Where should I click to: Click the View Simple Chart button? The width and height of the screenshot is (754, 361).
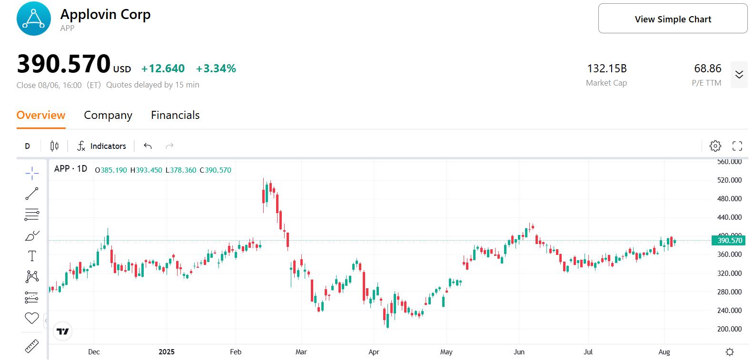click(673, 19)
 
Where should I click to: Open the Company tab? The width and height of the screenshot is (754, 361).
click(108, 115)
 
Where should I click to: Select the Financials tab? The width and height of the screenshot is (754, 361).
click(175, 115)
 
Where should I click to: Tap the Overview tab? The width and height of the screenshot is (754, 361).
click(41, 115)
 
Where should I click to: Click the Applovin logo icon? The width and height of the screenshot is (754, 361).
click(33, 19)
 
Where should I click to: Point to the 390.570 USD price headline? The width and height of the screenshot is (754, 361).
click(64, 64)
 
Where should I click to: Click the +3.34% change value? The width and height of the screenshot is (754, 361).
click(216, 68)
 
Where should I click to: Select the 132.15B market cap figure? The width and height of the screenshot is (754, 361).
click(606, 68)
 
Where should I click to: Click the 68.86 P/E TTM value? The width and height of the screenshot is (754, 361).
click(707, 68)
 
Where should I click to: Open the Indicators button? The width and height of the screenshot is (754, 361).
click(102, 146)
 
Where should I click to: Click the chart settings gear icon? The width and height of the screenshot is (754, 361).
click(715, 146)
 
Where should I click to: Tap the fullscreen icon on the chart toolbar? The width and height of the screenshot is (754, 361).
click(737, 146)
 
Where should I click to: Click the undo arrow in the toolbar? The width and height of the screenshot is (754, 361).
click(148, 146)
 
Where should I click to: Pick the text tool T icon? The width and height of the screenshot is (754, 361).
click(32, 256)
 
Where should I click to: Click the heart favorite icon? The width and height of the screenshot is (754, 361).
click(32, 318)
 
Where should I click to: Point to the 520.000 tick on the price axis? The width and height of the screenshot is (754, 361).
click(729, 180)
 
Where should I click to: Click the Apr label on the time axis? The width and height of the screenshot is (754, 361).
click(374, 352)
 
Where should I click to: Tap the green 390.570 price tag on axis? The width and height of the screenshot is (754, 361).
click(729, 241)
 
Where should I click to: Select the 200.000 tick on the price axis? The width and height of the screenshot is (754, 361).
click(729, 329)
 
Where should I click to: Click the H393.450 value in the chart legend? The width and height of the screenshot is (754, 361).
click(147, 170)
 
